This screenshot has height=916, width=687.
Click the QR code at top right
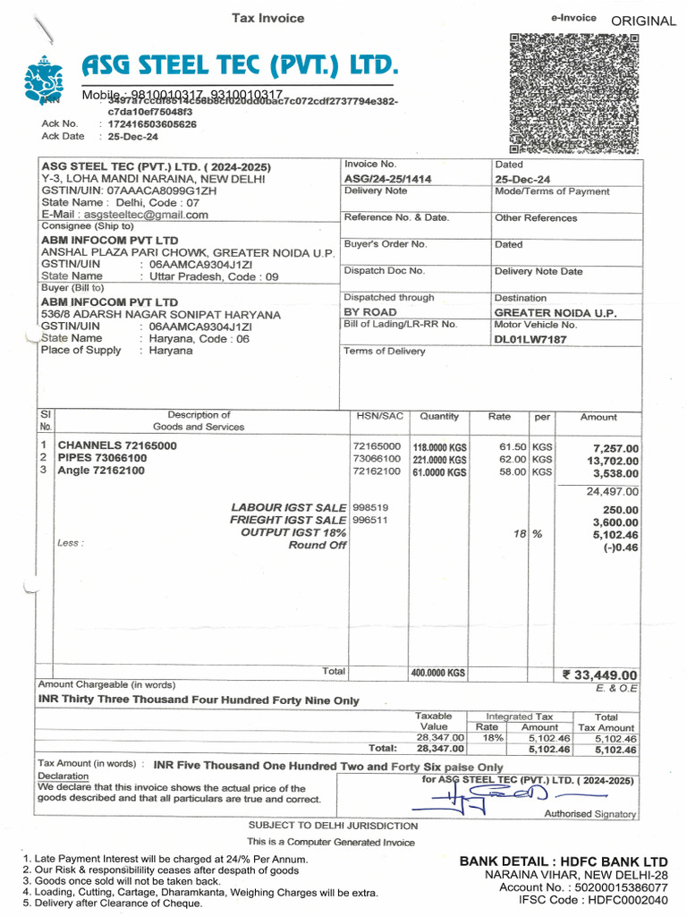[574, 93]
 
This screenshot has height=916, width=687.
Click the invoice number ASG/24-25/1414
[387, 179]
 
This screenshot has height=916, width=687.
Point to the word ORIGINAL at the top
[644, 21]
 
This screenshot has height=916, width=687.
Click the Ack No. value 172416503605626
[152, 124]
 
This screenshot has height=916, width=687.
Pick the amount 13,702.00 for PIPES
[612, 460]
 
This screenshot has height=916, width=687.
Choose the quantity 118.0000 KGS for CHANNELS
[439, 447]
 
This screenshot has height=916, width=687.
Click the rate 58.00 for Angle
[513, 471]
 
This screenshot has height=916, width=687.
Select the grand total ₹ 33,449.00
[599, 674]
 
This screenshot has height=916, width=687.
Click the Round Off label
[318, 545]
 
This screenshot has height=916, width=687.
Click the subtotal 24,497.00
[613, 491]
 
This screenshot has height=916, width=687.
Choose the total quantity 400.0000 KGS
[438, 673]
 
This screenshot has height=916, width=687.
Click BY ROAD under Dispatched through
[370, 312]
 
